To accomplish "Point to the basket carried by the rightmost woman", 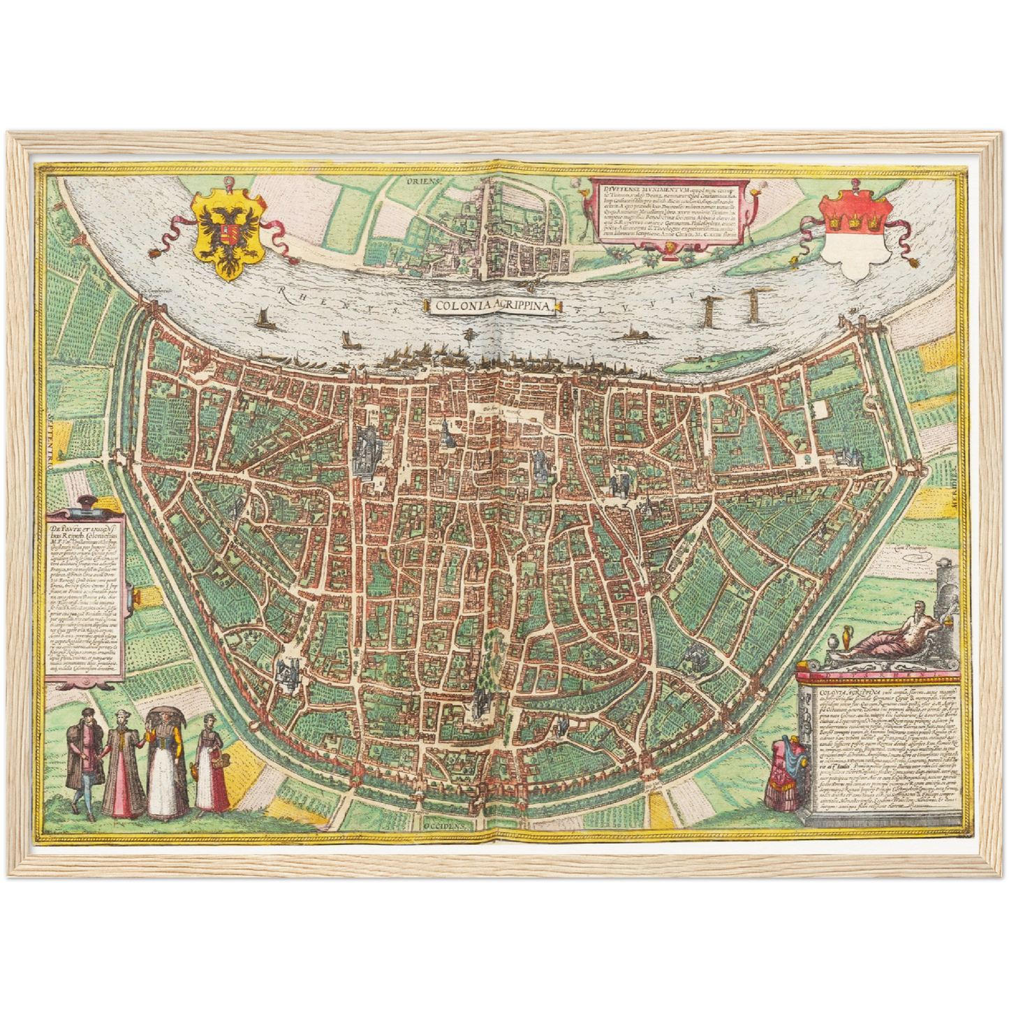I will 221,760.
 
